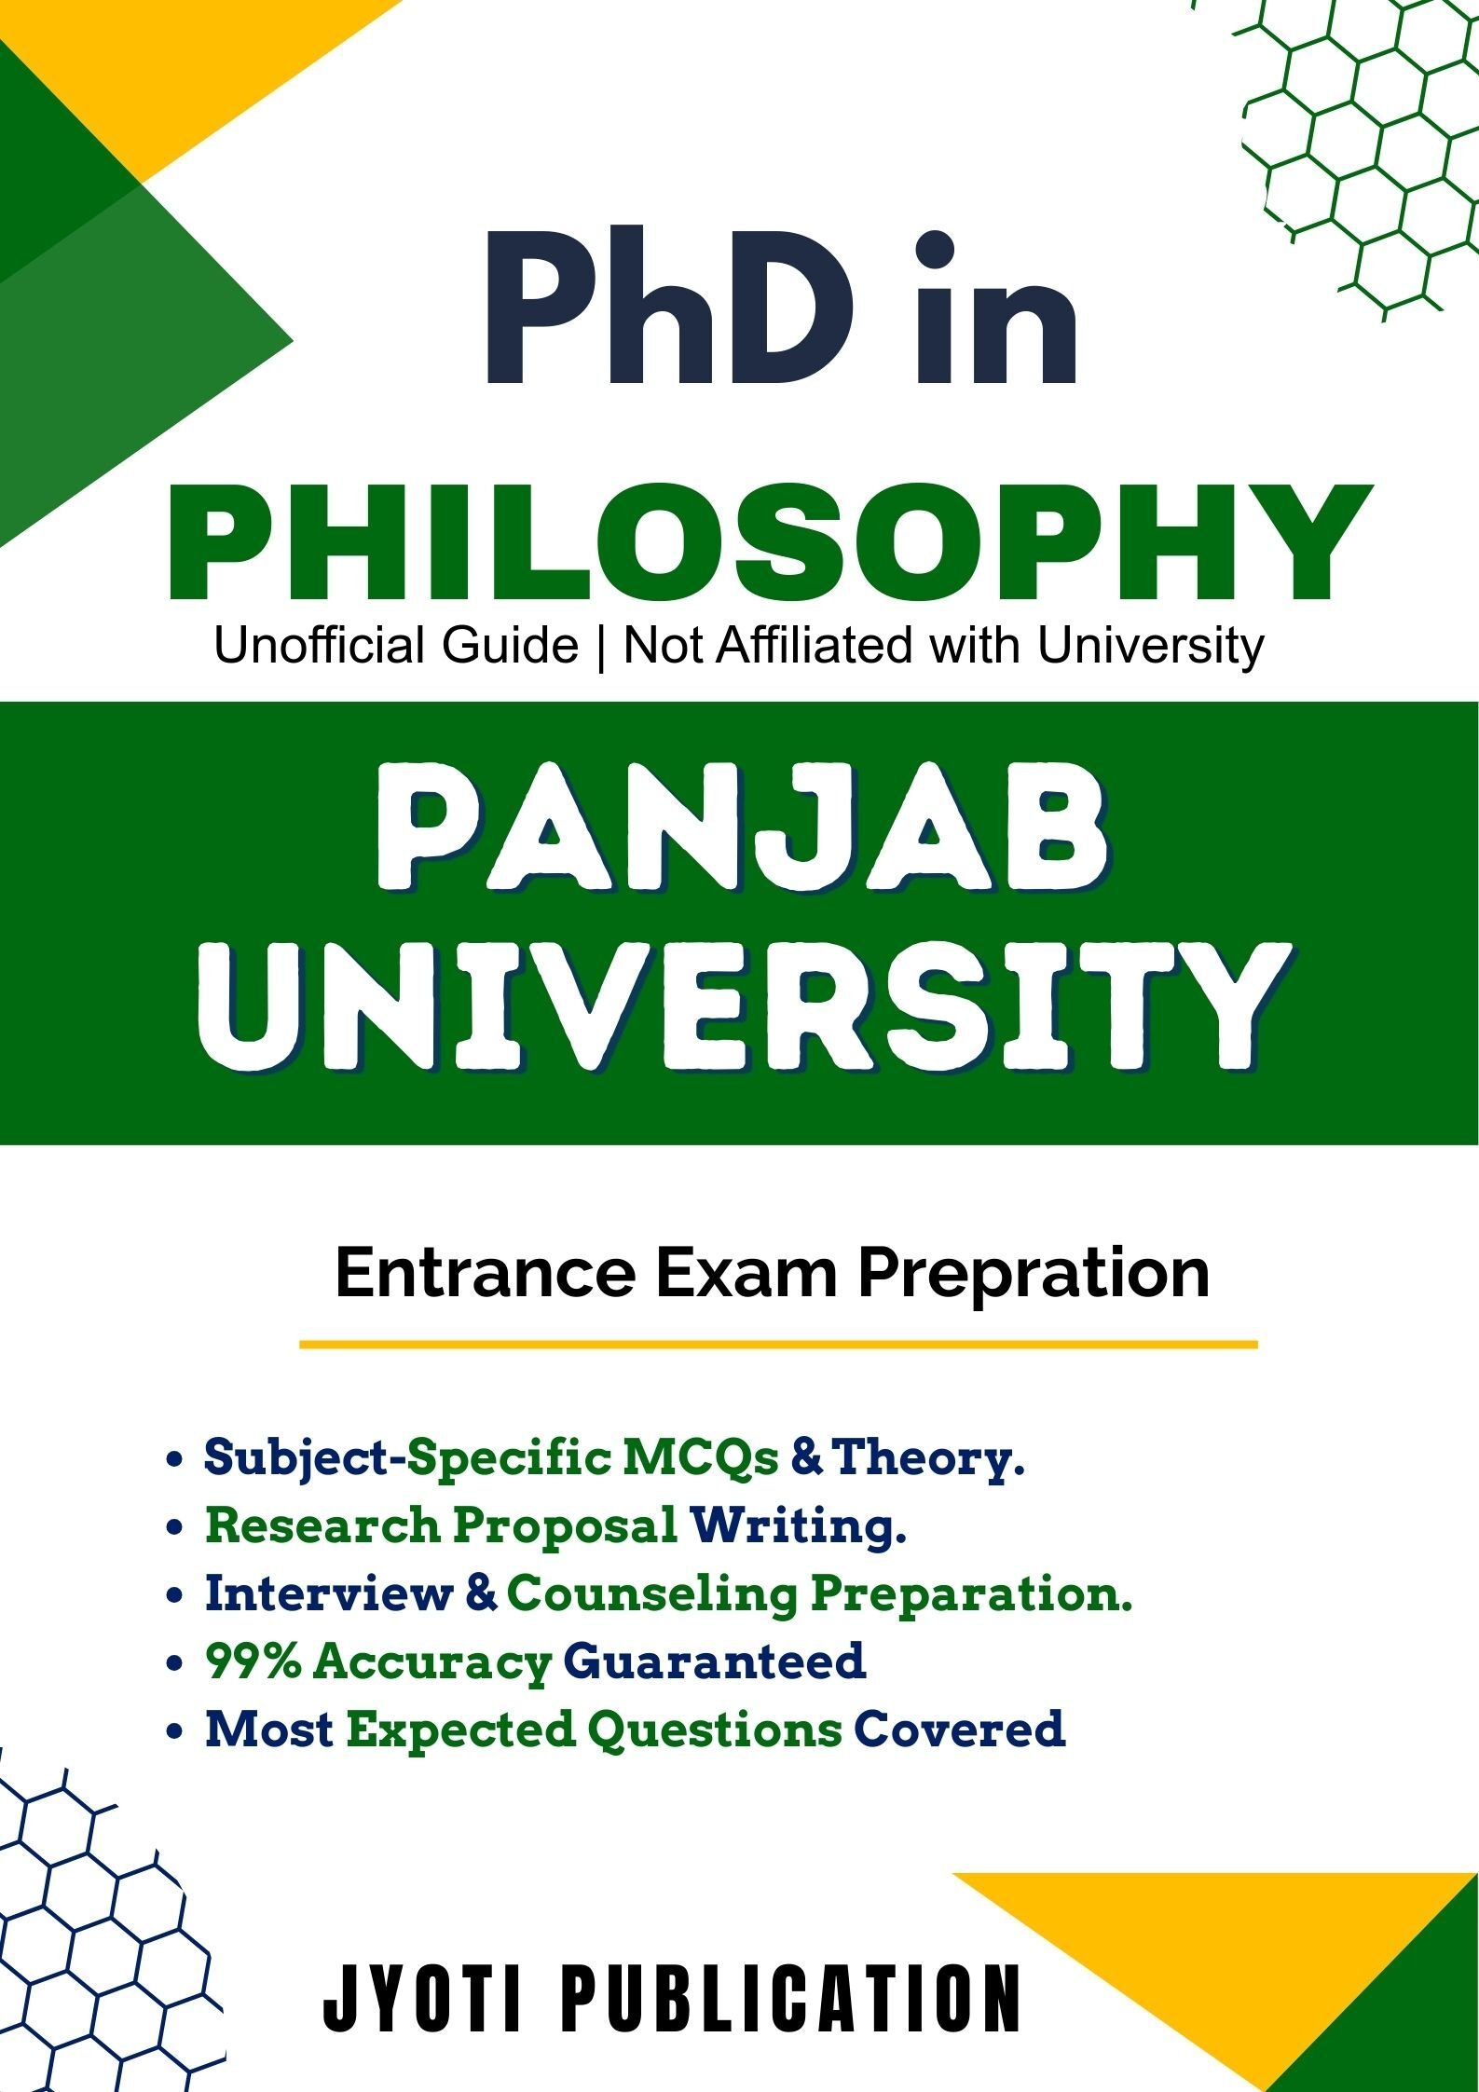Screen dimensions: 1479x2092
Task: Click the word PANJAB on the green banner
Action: coord(742,839)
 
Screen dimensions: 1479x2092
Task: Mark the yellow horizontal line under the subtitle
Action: coord(778,1345)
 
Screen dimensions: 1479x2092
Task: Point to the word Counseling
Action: coord(652,1595)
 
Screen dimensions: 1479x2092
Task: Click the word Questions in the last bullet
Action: coord(715,1730)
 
